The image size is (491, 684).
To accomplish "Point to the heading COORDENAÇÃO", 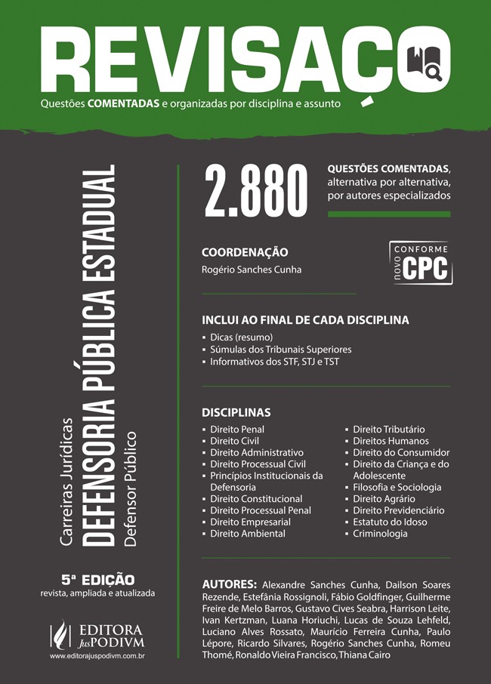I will tap(245, 252).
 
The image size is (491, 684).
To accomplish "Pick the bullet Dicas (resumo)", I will tap(241, 337).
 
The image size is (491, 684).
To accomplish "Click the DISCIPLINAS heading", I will tap(236, 413).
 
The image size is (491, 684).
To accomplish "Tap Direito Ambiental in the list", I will tap(247, 533).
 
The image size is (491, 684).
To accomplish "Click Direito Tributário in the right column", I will tap(389, 430).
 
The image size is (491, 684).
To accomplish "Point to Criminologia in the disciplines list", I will tap(380, 533).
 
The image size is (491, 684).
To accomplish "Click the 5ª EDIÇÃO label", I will tap(98, 580).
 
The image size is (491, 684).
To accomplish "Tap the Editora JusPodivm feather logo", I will tap(58, 634).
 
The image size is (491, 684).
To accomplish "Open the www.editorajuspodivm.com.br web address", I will tap(97, 658).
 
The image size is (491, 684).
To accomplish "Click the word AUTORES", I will tap(230, 584).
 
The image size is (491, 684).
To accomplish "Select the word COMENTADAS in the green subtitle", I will tap(123, 103).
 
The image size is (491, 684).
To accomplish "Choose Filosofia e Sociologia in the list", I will tap(397, 487).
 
